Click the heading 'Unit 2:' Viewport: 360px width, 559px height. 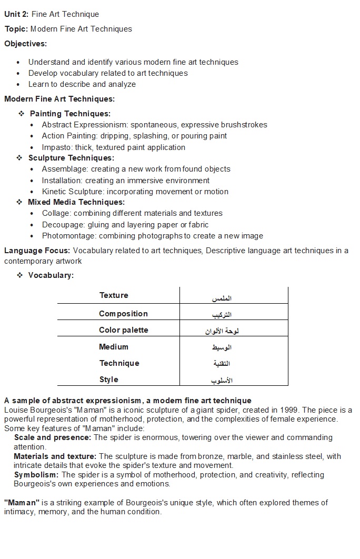pos(16,14)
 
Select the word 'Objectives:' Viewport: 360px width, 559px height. pos(26,44)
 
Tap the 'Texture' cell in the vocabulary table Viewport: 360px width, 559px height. pos(114,295)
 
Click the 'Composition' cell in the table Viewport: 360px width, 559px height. pos(123,314)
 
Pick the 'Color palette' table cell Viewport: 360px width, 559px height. pos(124,330)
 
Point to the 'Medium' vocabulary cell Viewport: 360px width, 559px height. pos(114,347)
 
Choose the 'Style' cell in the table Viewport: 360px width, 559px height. pos(109,380)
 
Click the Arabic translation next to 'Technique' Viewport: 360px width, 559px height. pos(222,364)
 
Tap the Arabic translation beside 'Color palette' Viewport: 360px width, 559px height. pos(222,331)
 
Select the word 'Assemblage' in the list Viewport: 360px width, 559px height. pos(65,169)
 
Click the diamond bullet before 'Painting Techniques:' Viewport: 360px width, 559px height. pos(22,114)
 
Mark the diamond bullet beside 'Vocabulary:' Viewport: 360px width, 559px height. pos(19,275)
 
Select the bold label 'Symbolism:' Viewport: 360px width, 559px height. pos(36,475)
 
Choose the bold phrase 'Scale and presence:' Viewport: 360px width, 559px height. pos(53,437)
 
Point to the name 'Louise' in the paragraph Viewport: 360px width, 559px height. pos(16,410)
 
